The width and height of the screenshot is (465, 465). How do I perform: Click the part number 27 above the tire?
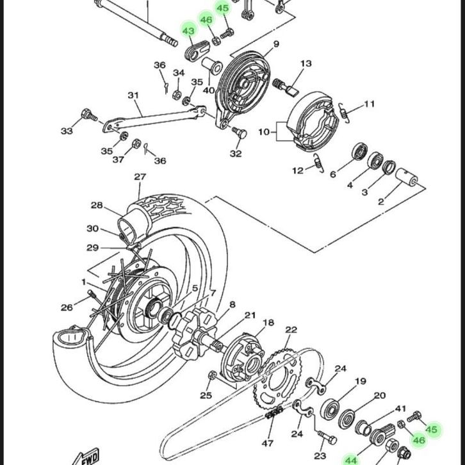coord(140,177)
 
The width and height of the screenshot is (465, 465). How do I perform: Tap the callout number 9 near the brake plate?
coord(276,44)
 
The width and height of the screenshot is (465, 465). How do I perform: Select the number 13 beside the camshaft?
coord(306,63)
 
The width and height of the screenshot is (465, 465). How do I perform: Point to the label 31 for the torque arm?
coord(133,95)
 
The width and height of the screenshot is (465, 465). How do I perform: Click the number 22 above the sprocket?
coord(291,330)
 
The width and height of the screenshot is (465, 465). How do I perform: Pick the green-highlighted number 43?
coord(188,31)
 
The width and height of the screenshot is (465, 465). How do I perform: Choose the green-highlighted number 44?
coord(351,461)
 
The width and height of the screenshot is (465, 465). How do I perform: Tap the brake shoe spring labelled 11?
coord(344,112)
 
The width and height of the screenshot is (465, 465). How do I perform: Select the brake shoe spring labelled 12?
coord(319,163)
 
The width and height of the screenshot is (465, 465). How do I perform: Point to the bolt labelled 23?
coord(327,437)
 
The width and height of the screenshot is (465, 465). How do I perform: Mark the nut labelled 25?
coord(213,375)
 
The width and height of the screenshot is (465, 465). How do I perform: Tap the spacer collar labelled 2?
coord(407,177)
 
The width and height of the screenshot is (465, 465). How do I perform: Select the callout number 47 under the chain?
coord(268,443)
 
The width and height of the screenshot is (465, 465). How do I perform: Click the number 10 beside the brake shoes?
coord(264,132)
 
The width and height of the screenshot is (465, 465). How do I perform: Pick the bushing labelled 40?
coord(212,65)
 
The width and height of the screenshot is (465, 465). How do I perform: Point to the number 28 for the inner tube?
coord(97,205)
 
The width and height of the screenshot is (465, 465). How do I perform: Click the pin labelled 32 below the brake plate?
coord(240,133)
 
